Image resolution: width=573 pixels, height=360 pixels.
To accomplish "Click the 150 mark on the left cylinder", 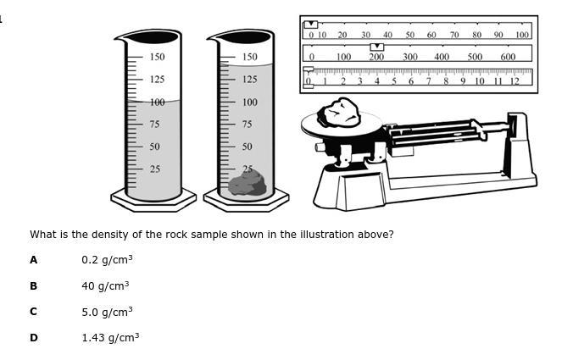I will point(158,57).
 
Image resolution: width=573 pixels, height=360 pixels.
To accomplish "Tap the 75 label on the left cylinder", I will point(154,125).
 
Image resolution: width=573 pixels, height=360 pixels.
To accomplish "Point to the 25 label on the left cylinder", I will point(154,169).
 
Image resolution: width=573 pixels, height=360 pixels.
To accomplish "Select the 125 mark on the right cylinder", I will point(249,80).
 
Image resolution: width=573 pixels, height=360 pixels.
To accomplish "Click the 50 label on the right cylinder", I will point(247,147).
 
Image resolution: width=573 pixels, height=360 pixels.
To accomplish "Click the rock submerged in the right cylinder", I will point(248,183).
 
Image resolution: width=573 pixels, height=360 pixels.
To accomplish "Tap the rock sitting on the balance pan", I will point(340,113).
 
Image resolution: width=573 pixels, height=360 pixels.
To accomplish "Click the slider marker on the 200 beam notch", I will point(377,47).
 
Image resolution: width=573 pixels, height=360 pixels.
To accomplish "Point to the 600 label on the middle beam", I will point(508,58).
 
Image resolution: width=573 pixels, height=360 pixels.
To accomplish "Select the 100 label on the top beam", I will point(522,36).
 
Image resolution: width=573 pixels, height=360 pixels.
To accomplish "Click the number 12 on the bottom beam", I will point(515,81).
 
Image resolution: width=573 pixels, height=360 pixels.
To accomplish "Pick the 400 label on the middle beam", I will point(442,58).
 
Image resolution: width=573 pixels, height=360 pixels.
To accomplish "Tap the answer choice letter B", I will point(33,286).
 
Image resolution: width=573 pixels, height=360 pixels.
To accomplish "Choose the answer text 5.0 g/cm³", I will point(107,312).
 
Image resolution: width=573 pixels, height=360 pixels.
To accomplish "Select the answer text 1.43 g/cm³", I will point(110,338).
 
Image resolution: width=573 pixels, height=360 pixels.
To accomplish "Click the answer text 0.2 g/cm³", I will point(107,260).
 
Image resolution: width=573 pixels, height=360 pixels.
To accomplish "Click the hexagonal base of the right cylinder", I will point(247,202).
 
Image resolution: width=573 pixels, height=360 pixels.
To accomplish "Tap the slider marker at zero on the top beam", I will point(310,25).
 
